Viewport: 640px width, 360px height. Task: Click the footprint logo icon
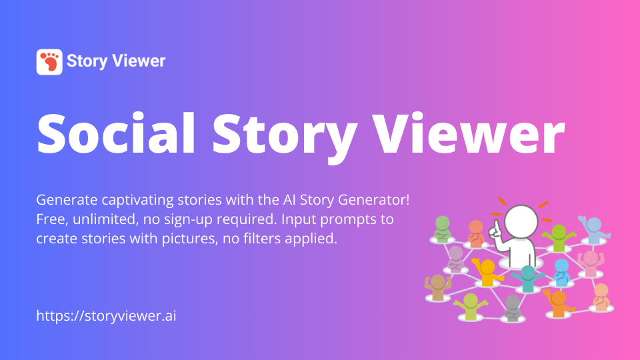(49, 62)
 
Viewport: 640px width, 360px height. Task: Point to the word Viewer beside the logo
(139, 61)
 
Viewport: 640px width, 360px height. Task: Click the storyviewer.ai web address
(106, 315)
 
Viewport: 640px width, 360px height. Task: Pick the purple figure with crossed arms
(456, 259)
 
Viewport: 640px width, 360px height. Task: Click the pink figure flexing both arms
(591, 262)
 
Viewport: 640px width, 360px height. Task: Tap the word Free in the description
(49, 219)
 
